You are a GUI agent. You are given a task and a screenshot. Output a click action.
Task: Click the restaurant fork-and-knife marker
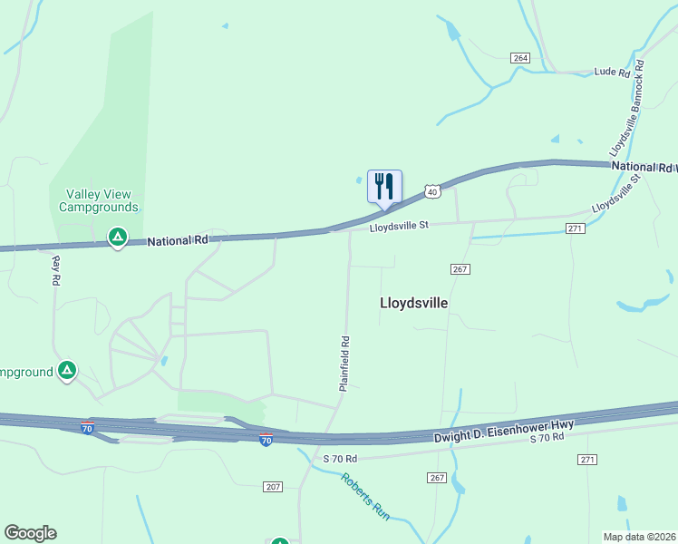(x=384, y=187)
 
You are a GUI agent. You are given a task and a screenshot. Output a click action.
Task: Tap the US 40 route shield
(x=432, y=191)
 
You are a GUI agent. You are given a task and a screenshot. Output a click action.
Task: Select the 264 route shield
(x=519, y=58)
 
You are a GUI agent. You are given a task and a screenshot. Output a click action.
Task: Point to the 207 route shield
(x=273, y=487)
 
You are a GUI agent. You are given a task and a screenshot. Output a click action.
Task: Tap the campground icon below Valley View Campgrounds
(x=117, y=238)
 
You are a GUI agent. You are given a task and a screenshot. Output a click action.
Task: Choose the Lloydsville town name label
(x=413, y=304)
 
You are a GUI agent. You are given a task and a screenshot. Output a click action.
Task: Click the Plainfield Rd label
(x=344, y=364)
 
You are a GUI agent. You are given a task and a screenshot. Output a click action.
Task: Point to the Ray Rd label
(x=56, y=270)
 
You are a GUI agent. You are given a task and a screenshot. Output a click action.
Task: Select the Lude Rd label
(x=611, y=72)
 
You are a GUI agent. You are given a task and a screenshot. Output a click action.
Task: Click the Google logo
(x=30, y=533)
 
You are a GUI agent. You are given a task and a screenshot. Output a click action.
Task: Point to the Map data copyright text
(x=639, y=537)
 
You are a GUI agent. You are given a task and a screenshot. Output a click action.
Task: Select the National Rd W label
(x=644, y=167)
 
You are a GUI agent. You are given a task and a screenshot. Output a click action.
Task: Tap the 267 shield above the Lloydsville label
(x=459, y=269)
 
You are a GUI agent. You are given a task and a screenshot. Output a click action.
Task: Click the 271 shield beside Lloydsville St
(x=575, y=228)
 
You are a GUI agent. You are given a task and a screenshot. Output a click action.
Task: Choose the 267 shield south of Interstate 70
(x=438, y=478)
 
